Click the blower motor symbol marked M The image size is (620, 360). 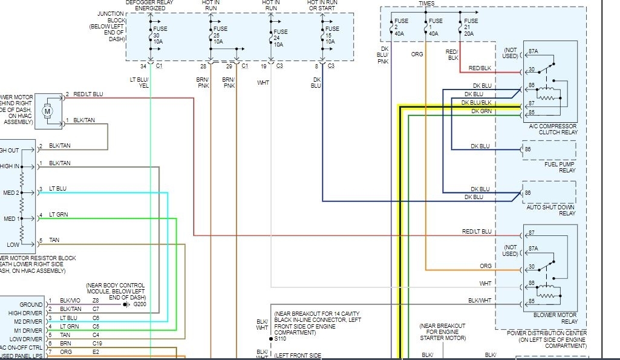(47, 111)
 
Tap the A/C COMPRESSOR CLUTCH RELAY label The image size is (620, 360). (553, 129)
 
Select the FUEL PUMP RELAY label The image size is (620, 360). (560, 167)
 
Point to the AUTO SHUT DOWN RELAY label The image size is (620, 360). (550, 209)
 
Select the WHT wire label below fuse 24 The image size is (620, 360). (263, 82)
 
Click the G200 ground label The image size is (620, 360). (140, 304)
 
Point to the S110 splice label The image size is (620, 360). (280, 339)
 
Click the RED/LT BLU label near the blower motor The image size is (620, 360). (88, 94)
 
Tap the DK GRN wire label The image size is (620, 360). (481, 111)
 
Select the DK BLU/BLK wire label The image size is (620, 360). (477, 103)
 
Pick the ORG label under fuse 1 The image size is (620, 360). (417, 54)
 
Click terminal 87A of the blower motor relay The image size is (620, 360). (532, 249)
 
